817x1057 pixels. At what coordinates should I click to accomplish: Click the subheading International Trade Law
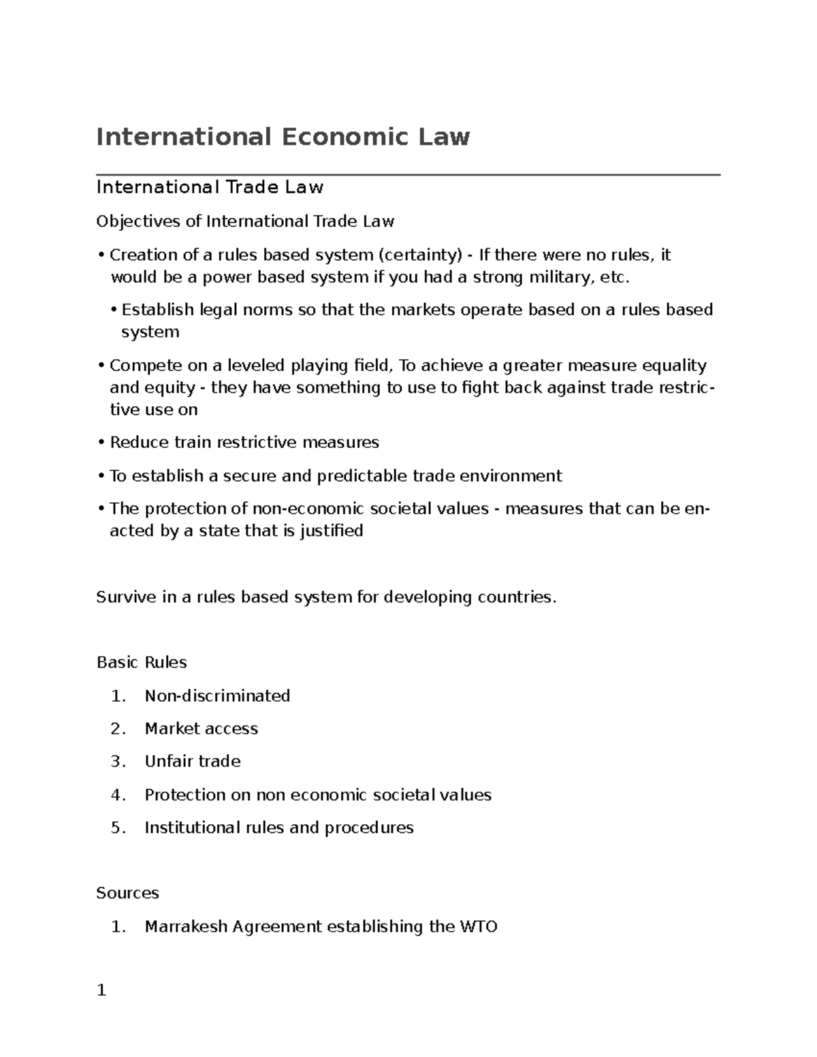pos(210,187)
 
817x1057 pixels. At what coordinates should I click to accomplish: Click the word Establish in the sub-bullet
pos(158,310)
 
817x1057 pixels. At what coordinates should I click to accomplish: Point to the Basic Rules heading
pos(142,663)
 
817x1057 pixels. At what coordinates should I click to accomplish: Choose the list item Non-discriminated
pos(217,696)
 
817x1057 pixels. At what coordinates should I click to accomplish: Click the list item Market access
pos(201,729)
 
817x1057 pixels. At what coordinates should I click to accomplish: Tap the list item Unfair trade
pos(193,762)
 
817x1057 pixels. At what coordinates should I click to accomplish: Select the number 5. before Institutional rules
pos(118,828)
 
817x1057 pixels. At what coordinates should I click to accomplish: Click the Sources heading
pos(127,894)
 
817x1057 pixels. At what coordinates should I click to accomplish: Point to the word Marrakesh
pos(186,927)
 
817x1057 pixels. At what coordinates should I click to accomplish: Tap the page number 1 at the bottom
pos(101,991)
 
